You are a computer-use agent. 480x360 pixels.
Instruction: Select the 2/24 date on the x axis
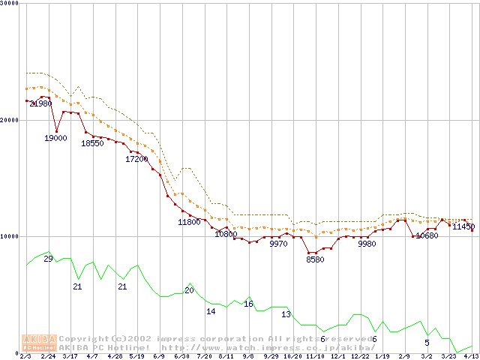(x=48, y=356)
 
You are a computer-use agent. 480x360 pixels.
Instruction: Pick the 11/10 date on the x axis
(x=314, y=356)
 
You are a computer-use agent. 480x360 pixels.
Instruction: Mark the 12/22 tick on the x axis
(x=359, y=356)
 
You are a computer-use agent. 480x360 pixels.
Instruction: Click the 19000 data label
(x=55, y=138)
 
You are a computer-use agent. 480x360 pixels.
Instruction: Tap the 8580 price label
(x=315, y=259)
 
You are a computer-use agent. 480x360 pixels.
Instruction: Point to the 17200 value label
(x=136, y=159)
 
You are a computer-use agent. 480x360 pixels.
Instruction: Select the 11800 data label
(x=189, y=222)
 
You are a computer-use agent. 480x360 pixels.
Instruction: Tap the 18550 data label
(x=92, y=143)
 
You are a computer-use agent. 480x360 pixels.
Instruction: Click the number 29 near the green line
(x=48, y=259)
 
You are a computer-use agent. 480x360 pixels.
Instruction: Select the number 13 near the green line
(x=286, y=314)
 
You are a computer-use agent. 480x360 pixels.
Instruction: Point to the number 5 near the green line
(x=427, y=343)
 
